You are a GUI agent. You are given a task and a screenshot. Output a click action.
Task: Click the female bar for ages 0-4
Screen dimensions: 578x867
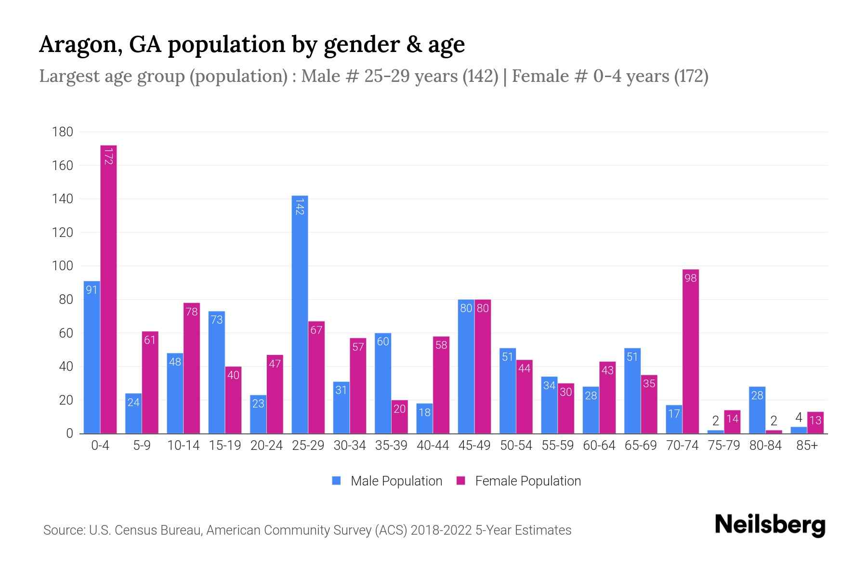pyautogui.click(x=108, y=289)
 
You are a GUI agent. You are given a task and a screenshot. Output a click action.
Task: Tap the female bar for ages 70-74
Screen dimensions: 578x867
pyautogui.click(x=690, y=351)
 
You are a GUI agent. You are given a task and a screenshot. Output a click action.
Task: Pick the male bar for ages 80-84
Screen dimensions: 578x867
pyautogui.click(x=757, y=410)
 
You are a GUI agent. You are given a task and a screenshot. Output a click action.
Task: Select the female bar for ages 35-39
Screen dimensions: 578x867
pyautogui.click(x=399, y=417)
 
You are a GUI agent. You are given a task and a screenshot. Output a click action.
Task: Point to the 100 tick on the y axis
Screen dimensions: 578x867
pyautogui.click(x=63, y=266)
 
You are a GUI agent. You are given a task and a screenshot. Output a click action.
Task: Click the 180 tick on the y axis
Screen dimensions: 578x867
pyautogui.click(x=63, y=132)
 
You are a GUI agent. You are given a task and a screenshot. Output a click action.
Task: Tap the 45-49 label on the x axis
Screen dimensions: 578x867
pyautogui.click(x=474, y=446)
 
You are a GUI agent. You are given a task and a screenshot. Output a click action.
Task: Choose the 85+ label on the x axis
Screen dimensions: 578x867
pyautogui.click(x=807, y=446)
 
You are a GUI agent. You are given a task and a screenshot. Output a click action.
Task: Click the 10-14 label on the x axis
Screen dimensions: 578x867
pyautogui.click(x=183, y=446)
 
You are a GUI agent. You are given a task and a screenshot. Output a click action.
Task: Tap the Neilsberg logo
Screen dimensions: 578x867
pyautogui.click(x=770, y=525)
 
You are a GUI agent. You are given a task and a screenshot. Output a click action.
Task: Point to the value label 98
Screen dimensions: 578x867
pyautogui.click(x=690, y=278)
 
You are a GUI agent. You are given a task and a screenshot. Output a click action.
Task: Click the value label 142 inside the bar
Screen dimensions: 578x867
pyautogui.click(x=300, y=206)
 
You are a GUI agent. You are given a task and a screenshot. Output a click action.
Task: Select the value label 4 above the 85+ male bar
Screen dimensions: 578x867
pyautogui.click(x=799, y=418)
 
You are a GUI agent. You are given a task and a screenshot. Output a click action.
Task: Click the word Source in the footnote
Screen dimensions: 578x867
pyautogui.click(x=64, y=530)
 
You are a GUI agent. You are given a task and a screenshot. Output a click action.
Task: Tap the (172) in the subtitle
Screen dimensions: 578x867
pyautogui.click(x=691, y=76)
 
